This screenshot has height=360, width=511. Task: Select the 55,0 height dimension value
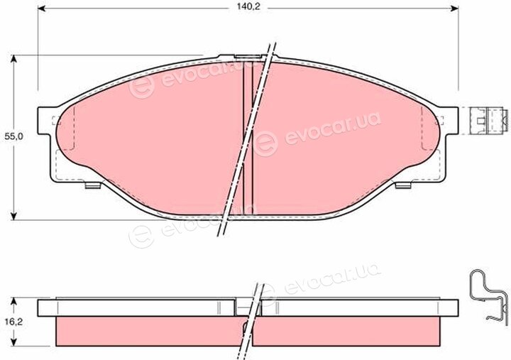point(14,137)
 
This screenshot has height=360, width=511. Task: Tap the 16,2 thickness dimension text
point(13,322)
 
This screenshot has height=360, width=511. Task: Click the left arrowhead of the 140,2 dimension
point(42,9)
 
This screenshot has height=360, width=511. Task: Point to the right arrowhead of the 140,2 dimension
point(455,9)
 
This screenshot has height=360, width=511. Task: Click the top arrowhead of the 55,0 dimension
point(13,59)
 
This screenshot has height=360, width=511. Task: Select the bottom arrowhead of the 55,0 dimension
point(13,216)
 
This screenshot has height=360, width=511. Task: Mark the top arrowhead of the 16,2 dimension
point(13,301)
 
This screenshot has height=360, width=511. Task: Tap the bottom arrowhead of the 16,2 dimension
point(13,342)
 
